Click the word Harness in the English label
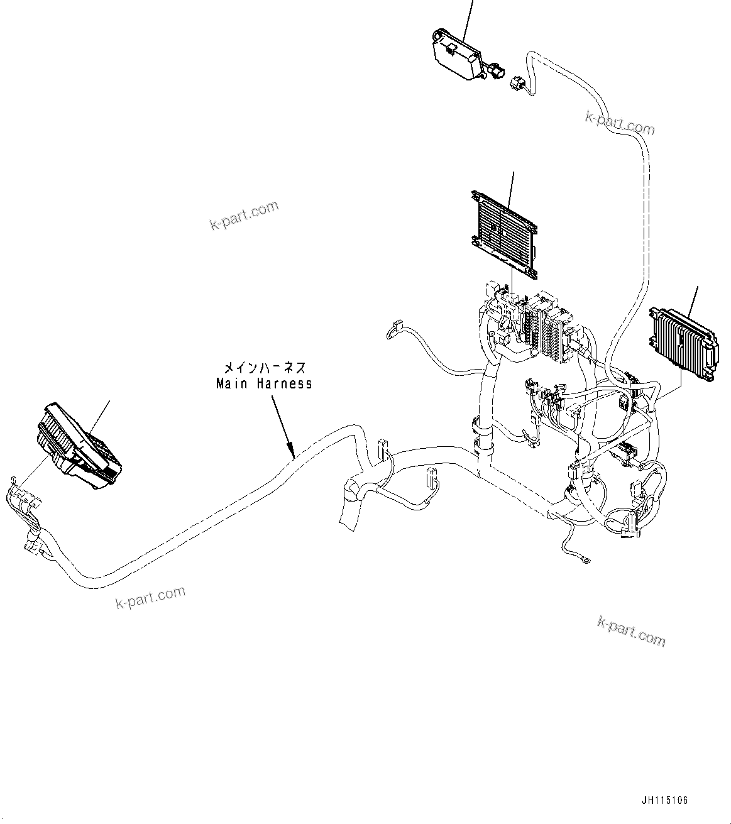tap(282, 383)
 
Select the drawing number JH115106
tap(665, 801)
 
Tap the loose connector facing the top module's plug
tap(518, 84)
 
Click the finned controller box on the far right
tap(683, 343)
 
